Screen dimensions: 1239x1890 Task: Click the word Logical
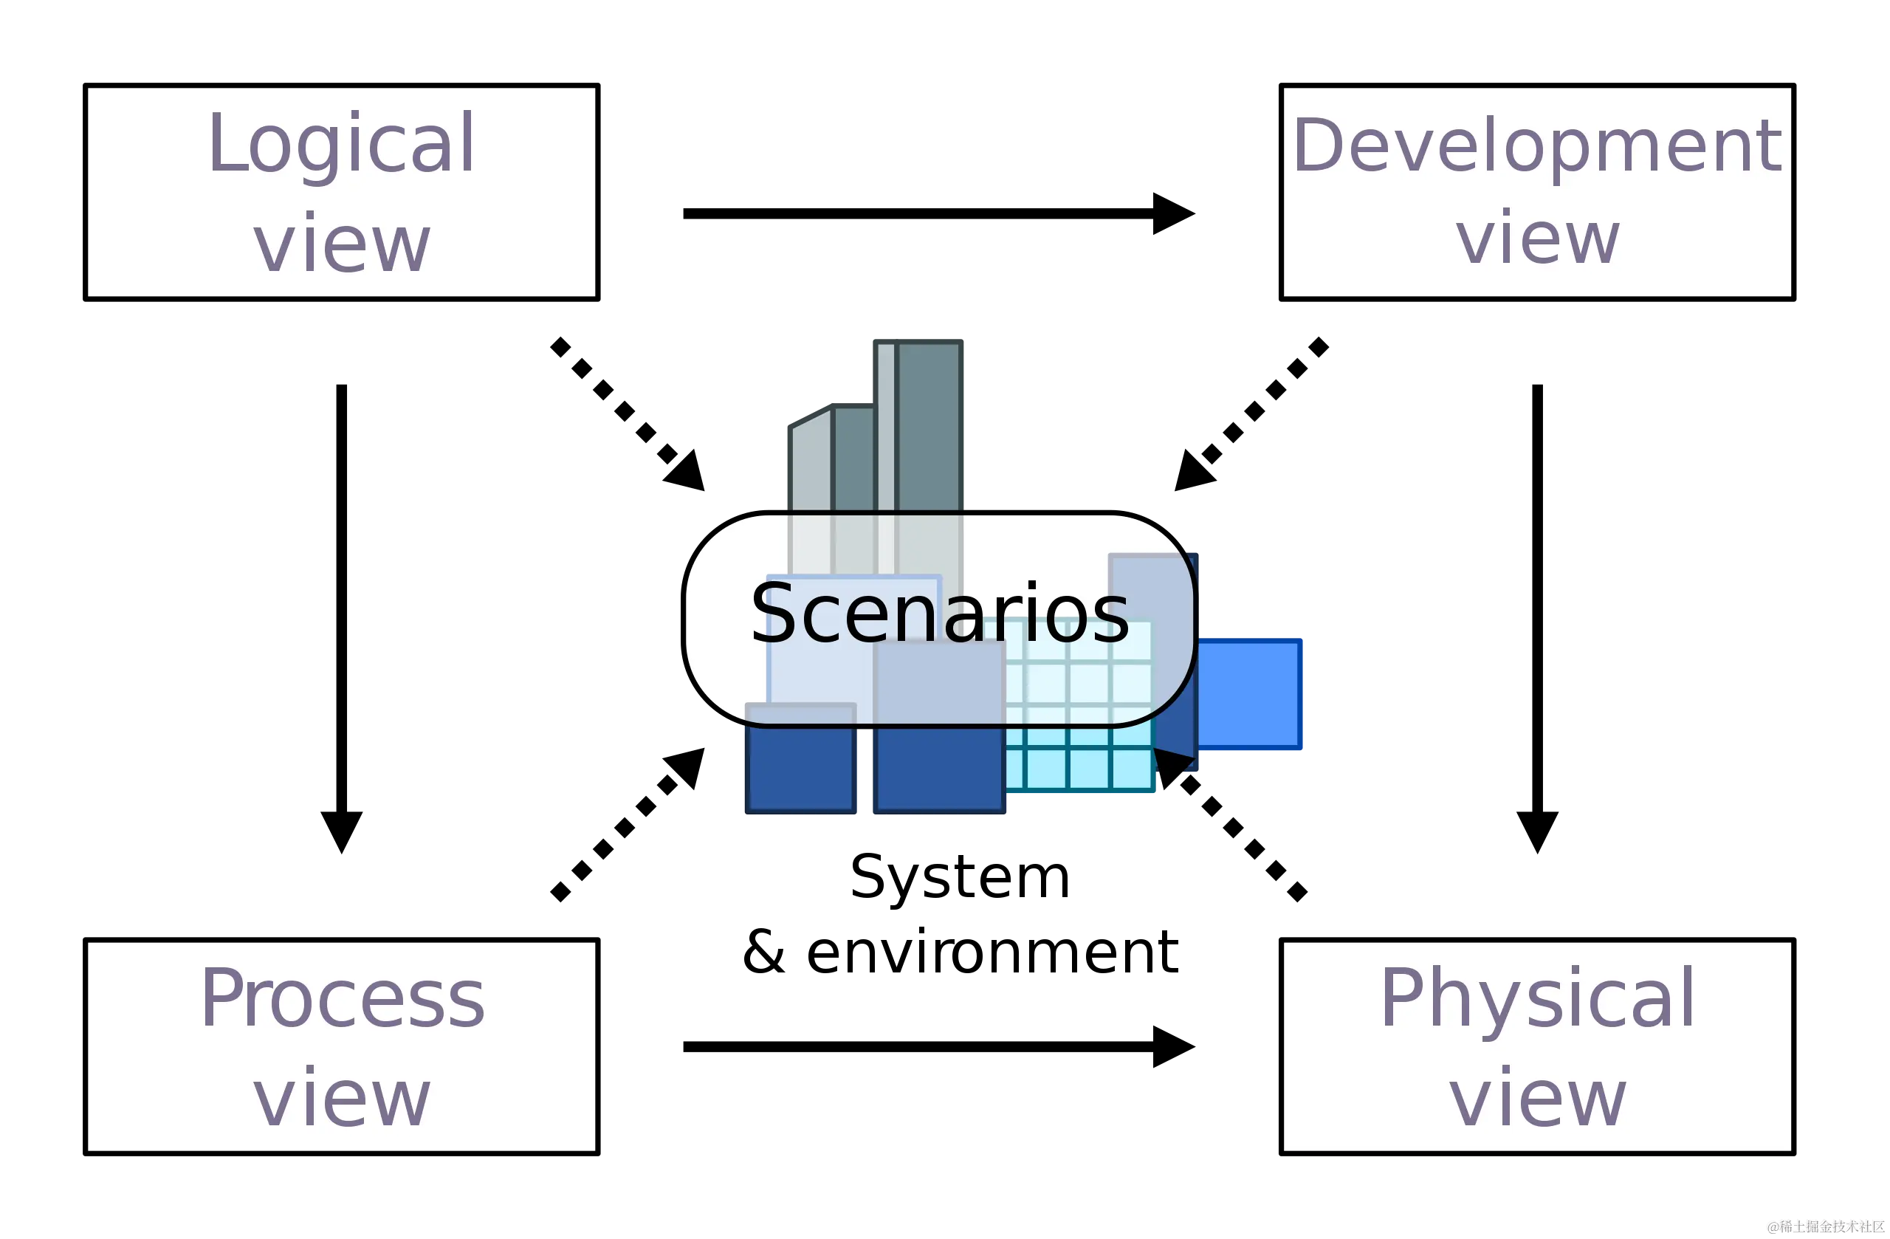[x=342, y=145]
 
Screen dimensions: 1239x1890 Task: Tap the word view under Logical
[x=342, y=244]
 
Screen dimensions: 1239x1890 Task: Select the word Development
[x=1536, y=146]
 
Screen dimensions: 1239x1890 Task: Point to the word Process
[x=342, y=999]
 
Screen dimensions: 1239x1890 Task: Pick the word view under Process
[x=342, y=1099]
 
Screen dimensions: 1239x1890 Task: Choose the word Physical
[x=1536, y=999]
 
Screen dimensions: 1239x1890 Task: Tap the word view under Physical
[x=1536, y=1099]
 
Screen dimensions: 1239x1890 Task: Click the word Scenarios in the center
[x=939, y=614]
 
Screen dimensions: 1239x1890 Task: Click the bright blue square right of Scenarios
[x=1248, y=696]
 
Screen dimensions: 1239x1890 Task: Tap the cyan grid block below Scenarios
[x=1080, y=758]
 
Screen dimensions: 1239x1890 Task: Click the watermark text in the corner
[x=1824, y=1226]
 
